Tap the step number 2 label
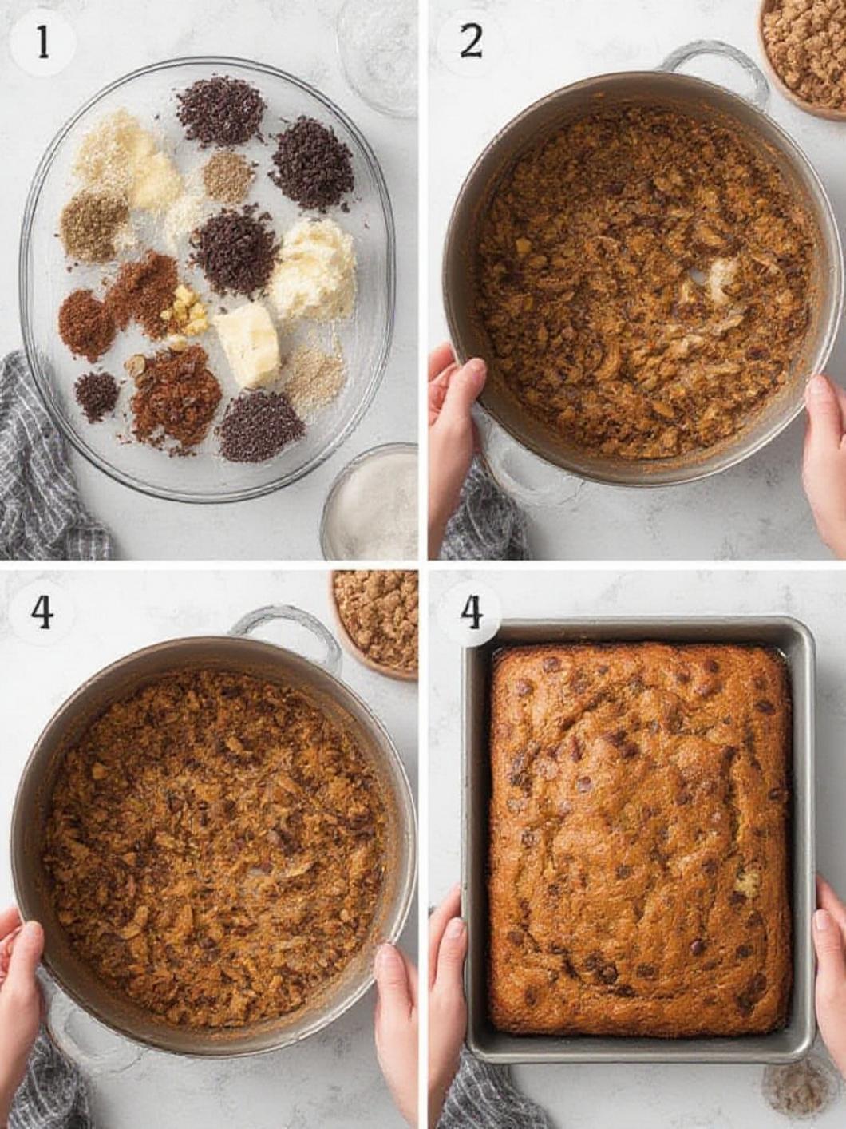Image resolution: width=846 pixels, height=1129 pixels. point(471,42)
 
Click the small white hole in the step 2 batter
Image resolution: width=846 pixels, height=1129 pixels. point(695,275)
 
